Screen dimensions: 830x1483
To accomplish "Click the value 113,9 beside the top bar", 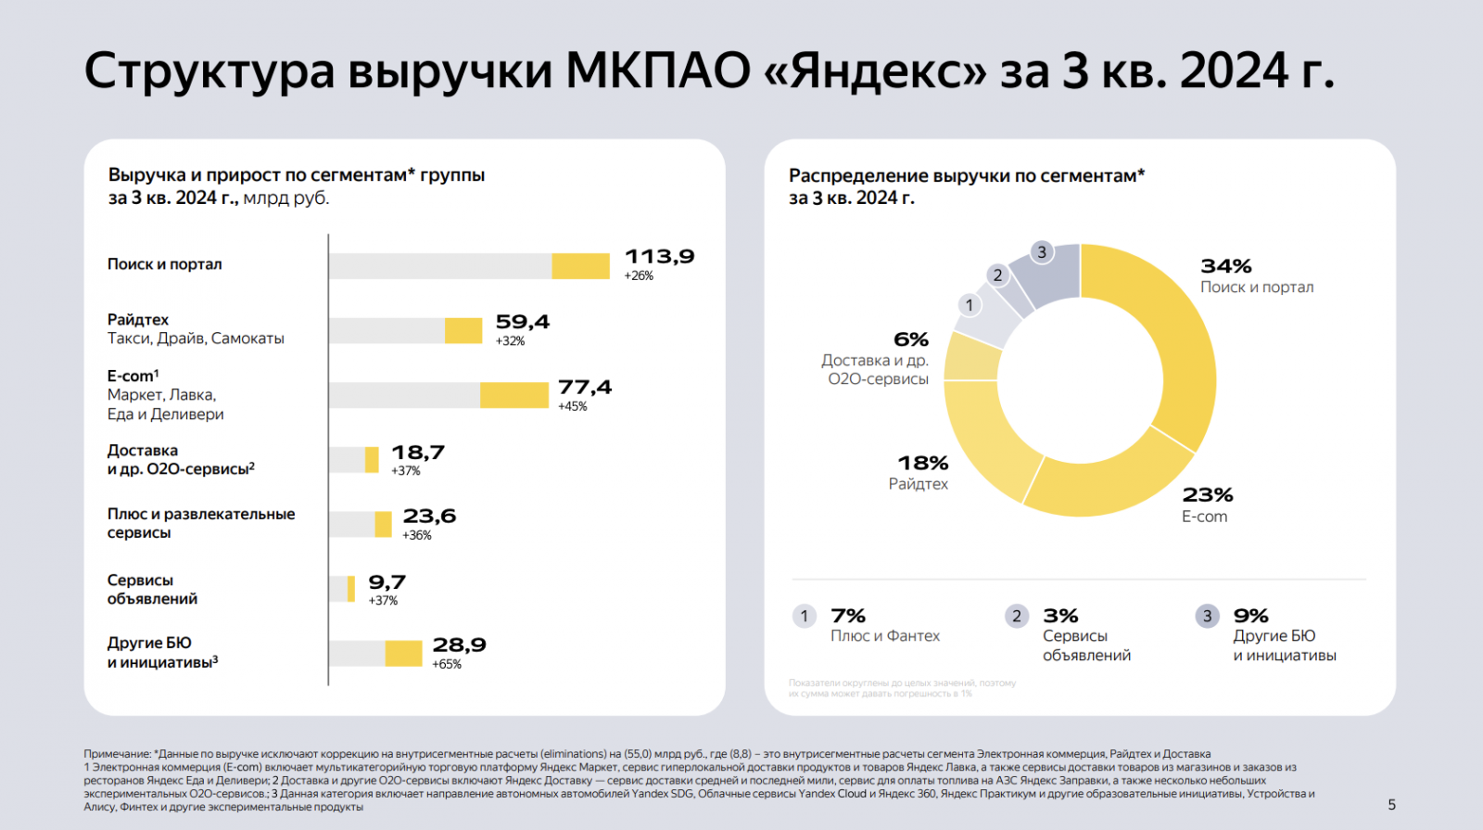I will click(x=659, y=257).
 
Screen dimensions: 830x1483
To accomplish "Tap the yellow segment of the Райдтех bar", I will click(x=463, y=330).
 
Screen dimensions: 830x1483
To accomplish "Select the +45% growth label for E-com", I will click(x=572, y=406).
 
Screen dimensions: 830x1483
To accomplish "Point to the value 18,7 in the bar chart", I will click(x=418, y=453).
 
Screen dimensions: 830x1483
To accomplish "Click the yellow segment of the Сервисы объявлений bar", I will click(x=351, y=589).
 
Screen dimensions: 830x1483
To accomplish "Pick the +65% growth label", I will click(x=447, y=664).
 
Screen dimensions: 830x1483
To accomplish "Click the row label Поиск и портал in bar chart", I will click(x=165, y=264).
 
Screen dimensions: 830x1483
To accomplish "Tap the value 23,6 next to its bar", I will click(x=429, y=517).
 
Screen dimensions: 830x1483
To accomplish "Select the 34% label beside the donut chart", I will click(x=1225, y=267).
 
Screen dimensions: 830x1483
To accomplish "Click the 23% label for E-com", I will click(x=1208, y=495).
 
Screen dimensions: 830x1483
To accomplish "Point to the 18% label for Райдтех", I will click(x=922, y=463).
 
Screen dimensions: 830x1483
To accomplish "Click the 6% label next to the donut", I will click(x=910, y=339).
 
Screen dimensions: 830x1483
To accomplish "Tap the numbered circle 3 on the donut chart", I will click(x=1042, y=252).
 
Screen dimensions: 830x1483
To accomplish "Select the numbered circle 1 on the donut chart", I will click(x=970, y=305).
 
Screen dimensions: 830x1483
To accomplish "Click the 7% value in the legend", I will click(x=848, y=616).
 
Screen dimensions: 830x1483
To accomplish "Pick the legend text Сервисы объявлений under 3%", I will click(x=1086, y=645).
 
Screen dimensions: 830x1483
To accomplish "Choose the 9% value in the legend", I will click(x=1250, y=616).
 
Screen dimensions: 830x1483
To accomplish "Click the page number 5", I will click(x=1391, y=805).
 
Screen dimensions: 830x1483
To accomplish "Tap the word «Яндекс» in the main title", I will click(x=876, y=71).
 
